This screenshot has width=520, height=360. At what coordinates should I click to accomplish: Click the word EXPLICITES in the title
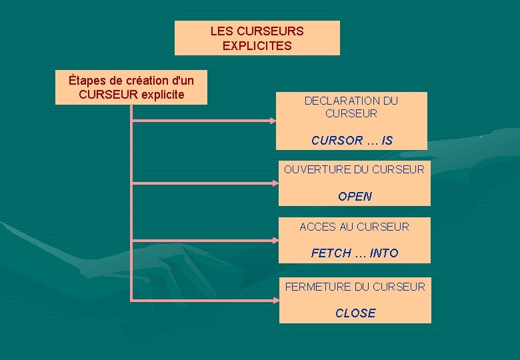click(257, 46)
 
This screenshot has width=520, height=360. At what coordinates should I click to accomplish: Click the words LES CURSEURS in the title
click(257, 31)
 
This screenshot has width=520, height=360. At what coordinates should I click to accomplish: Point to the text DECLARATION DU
click(351, 101)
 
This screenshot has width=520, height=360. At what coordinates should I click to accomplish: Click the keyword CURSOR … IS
click(351, 141)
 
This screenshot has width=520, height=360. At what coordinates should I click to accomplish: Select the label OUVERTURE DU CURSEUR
click(354, 169)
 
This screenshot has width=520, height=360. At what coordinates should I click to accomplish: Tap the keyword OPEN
click(355, 197)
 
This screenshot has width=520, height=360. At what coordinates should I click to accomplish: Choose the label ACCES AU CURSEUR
click(354, 227)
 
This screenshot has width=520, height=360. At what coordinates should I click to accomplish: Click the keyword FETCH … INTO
click(354, 253)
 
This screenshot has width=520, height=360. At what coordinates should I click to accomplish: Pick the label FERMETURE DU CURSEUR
click(355, 287)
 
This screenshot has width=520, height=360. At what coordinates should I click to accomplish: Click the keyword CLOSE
click(355, 313)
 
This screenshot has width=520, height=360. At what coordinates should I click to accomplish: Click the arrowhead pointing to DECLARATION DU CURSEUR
click(273, 121)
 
